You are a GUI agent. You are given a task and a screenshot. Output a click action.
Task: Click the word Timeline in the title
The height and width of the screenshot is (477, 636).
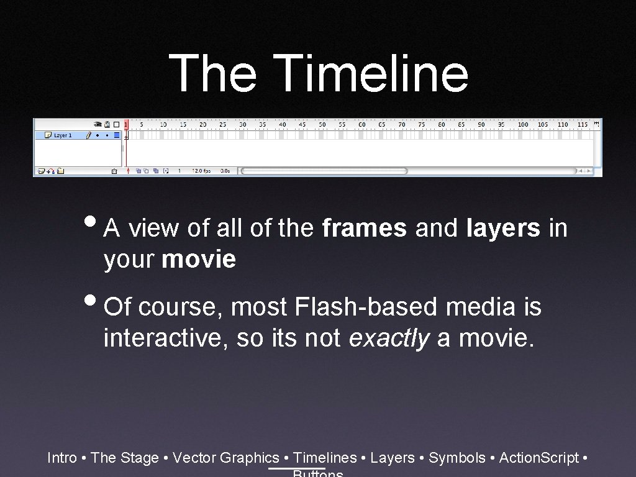(x=370, y=73)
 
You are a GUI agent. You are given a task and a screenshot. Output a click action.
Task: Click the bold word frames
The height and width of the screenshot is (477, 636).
(x=365, y=229)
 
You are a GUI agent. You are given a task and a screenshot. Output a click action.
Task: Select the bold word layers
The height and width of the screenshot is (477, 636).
(x=503, y=229)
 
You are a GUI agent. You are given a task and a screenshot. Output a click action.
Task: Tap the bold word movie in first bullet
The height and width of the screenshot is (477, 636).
(x=199, y=260)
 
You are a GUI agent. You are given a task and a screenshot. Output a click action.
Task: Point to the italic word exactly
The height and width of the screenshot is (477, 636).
(x=389, y=338)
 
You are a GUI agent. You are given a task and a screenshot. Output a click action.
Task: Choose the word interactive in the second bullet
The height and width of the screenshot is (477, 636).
(x=166, y=338)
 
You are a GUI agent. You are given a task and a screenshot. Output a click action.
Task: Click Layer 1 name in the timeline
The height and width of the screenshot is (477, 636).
(x=63, y=135)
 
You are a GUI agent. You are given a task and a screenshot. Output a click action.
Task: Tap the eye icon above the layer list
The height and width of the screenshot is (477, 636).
(x=98, y=124)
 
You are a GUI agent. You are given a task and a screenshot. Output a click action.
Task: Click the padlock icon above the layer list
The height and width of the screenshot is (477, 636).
(x=107, y=124)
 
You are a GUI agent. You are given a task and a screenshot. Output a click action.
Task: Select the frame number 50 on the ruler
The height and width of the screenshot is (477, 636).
(x=322, y=124)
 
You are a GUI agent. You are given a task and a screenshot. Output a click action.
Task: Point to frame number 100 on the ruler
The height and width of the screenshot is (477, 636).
(x=523, y=124)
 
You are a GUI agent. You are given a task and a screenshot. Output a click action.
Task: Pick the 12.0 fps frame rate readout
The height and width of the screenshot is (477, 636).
(x=201, y=170)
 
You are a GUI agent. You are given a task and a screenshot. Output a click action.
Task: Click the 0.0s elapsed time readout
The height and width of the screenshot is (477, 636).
(x=225, y=170)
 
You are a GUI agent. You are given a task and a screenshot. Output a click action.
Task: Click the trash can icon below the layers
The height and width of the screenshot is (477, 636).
(x=114, y=170)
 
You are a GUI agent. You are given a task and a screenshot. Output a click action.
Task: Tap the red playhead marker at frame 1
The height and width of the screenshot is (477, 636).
(x=126, y=124)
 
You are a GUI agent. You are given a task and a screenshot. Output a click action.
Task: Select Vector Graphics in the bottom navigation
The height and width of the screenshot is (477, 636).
(x=226, y=458)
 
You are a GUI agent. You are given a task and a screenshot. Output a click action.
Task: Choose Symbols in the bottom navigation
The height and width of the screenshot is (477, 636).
(x=457, y=458)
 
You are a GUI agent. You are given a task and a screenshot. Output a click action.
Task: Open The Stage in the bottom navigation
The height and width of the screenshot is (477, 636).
(x=124, y=458)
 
